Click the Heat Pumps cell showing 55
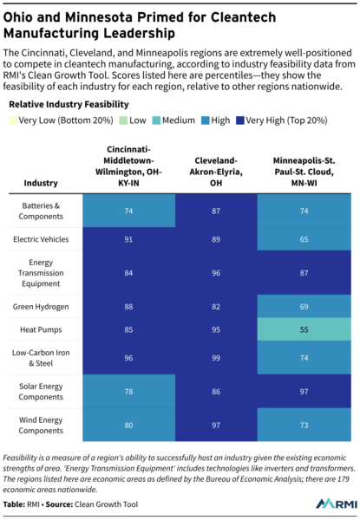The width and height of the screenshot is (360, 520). (304, 329)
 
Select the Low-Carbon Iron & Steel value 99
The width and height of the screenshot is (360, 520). (216, 358)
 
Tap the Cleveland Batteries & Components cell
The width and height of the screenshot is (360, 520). (216, 211)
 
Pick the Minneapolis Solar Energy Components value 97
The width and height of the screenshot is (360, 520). (304, 392)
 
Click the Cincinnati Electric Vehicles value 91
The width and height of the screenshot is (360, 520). (128, 239)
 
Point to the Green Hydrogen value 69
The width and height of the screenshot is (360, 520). (304, 307)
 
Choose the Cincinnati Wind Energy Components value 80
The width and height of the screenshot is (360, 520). (128, 426)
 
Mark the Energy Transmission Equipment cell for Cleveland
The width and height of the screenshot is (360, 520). (216, 273)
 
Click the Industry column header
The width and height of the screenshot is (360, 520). (41, 183)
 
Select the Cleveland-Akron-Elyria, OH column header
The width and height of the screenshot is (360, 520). (216, 172)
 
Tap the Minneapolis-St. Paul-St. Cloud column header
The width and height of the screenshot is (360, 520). (304, 172)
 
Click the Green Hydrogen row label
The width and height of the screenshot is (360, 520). (41, 307)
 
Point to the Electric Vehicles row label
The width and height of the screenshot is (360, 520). (41, 239)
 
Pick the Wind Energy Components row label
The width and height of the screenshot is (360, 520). (41, 426)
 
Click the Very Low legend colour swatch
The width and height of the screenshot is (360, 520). (13, 120)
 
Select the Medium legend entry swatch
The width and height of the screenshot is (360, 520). (156, 120)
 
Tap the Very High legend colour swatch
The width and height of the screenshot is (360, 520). (240, 120)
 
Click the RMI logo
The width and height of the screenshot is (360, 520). (337, 504)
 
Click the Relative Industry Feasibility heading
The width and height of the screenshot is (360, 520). (69, 105)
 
